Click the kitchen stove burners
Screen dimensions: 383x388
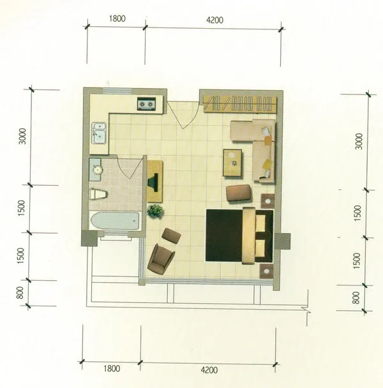147,103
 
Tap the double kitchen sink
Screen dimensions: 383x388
99,133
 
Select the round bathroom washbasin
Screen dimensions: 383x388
97,170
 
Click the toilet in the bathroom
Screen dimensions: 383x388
98,194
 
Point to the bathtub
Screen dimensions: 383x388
115,221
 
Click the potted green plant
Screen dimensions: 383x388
156,211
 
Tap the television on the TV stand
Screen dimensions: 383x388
153,182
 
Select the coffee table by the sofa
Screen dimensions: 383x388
232,163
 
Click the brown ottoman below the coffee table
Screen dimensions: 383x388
239,193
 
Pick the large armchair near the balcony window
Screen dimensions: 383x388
161,259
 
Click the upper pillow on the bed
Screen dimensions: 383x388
260,223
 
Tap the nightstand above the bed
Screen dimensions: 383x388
267,201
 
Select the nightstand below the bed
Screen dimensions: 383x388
266,271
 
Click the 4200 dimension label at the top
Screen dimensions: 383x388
214,20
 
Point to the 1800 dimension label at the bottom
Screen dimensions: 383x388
112,369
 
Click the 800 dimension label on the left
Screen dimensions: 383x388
20,292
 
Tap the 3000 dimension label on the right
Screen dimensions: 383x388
359,141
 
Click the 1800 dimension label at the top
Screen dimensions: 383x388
117,19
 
